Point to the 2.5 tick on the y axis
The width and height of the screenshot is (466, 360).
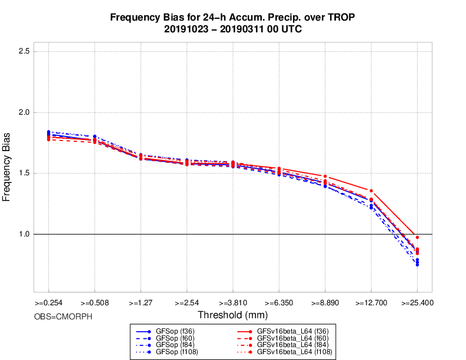click(x=24, y=51)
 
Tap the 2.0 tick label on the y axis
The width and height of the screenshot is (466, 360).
click(x=24, y=112)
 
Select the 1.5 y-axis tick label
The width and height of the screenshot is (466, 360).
click(x=24, y=174)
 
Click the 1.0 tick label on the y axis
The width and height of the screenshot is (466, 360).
click(x=24, y=235)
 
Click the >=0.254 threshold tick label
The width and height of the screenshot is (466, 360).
click(x=48, y=304)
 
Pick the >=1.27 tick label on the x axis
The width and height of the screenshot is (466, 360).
click(x=140, y=304)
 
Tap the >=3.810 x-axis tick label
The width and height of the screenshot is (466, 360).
click(x=232, y=304)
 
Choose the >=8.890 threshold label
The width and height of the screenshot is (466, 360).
click(x=325, y=304)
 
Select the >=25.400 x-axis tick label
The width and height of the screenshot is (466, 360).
click(x=417, y=304)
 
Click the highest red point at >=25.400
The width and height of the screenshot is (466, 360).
click(x=417, y=237)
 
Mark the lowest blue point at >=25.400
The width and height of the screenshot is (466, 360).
click(x=417, y=265)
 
